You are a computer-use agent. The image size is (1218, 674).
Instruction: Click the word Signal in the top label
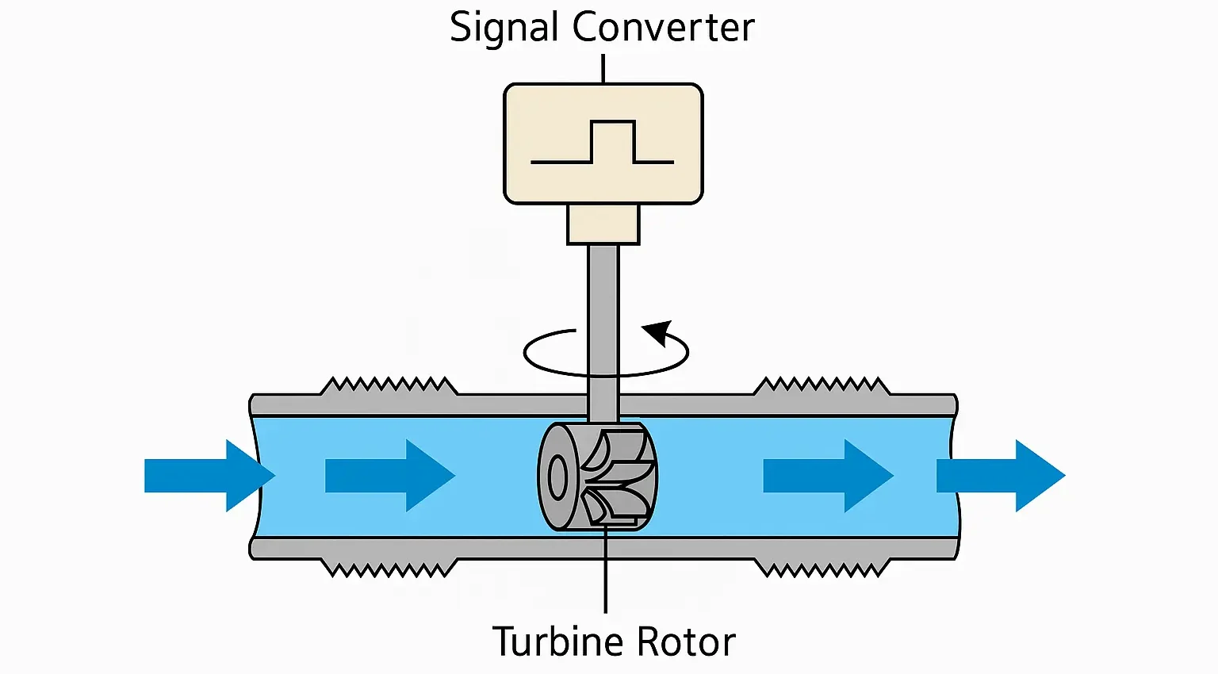[x=505, y=28]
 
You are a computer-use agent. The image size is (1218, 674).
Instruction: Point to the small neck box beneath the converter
[x=603, y=224]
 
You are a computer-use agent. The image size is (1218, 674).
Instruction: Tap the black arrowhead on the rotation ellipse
[x=659, y=332]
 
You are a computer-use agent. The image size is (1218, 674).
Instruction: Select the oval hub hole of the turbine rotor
[x=557, y=478]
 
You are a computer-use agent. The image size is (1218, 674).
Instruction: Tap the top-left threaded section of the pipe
[x=389, y=386]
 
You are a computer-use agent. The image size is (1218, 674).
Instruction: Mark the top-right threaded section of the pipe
[x=821, y=386]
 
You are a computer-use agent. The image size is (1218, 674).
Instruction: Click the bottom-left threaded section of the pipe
[x=389, y=568]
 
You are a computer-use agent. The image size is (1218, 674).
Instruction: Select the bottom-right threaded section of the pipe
[x=821, y=568]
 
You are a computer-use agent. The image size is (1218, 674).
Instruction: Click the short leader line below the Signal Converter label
[x=603, y=68]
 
